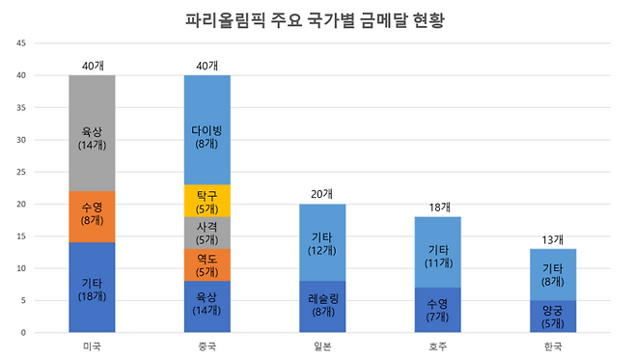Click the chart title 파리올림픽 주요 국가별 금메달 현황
[x=317, y=18]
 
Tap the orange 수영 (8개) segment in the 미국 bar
[x=92, y=210]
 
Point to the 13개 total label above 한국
[x=553, y=239]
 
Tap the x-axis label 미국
[x=92, y=346]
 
